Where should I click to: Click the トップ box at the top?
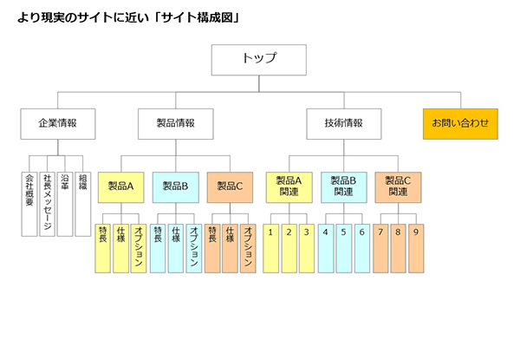pos(259,59)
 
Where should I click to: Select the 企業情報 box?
pos(57,123)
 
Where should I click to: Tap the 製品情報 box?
pos(174,123)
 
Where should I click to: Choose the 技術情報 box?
pos(344,123)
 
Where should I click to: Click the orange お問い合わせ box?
pos(460,123)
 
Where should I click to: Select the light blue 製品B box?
pos(175,186)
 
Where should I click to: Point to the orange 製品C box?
pos(231,186)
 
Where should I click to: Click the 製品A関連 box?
pos(288,186)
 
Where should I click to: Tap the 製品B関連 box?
pos(343,186)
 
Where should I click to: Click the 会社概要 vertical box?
pos(29,203)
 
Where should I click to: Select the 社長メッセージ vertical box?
pos(48,203)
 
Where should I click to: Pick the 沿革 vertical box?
pos(65,203)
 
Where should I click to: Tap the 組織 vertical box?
pos(82,203)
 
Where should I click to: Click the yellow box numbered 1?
pos(271,247)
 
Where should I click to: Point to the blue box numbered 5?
pos(343,247)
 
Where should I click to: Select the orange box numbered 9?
pos(415,247)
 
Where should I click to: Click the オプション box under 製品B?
pos(193,247)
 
